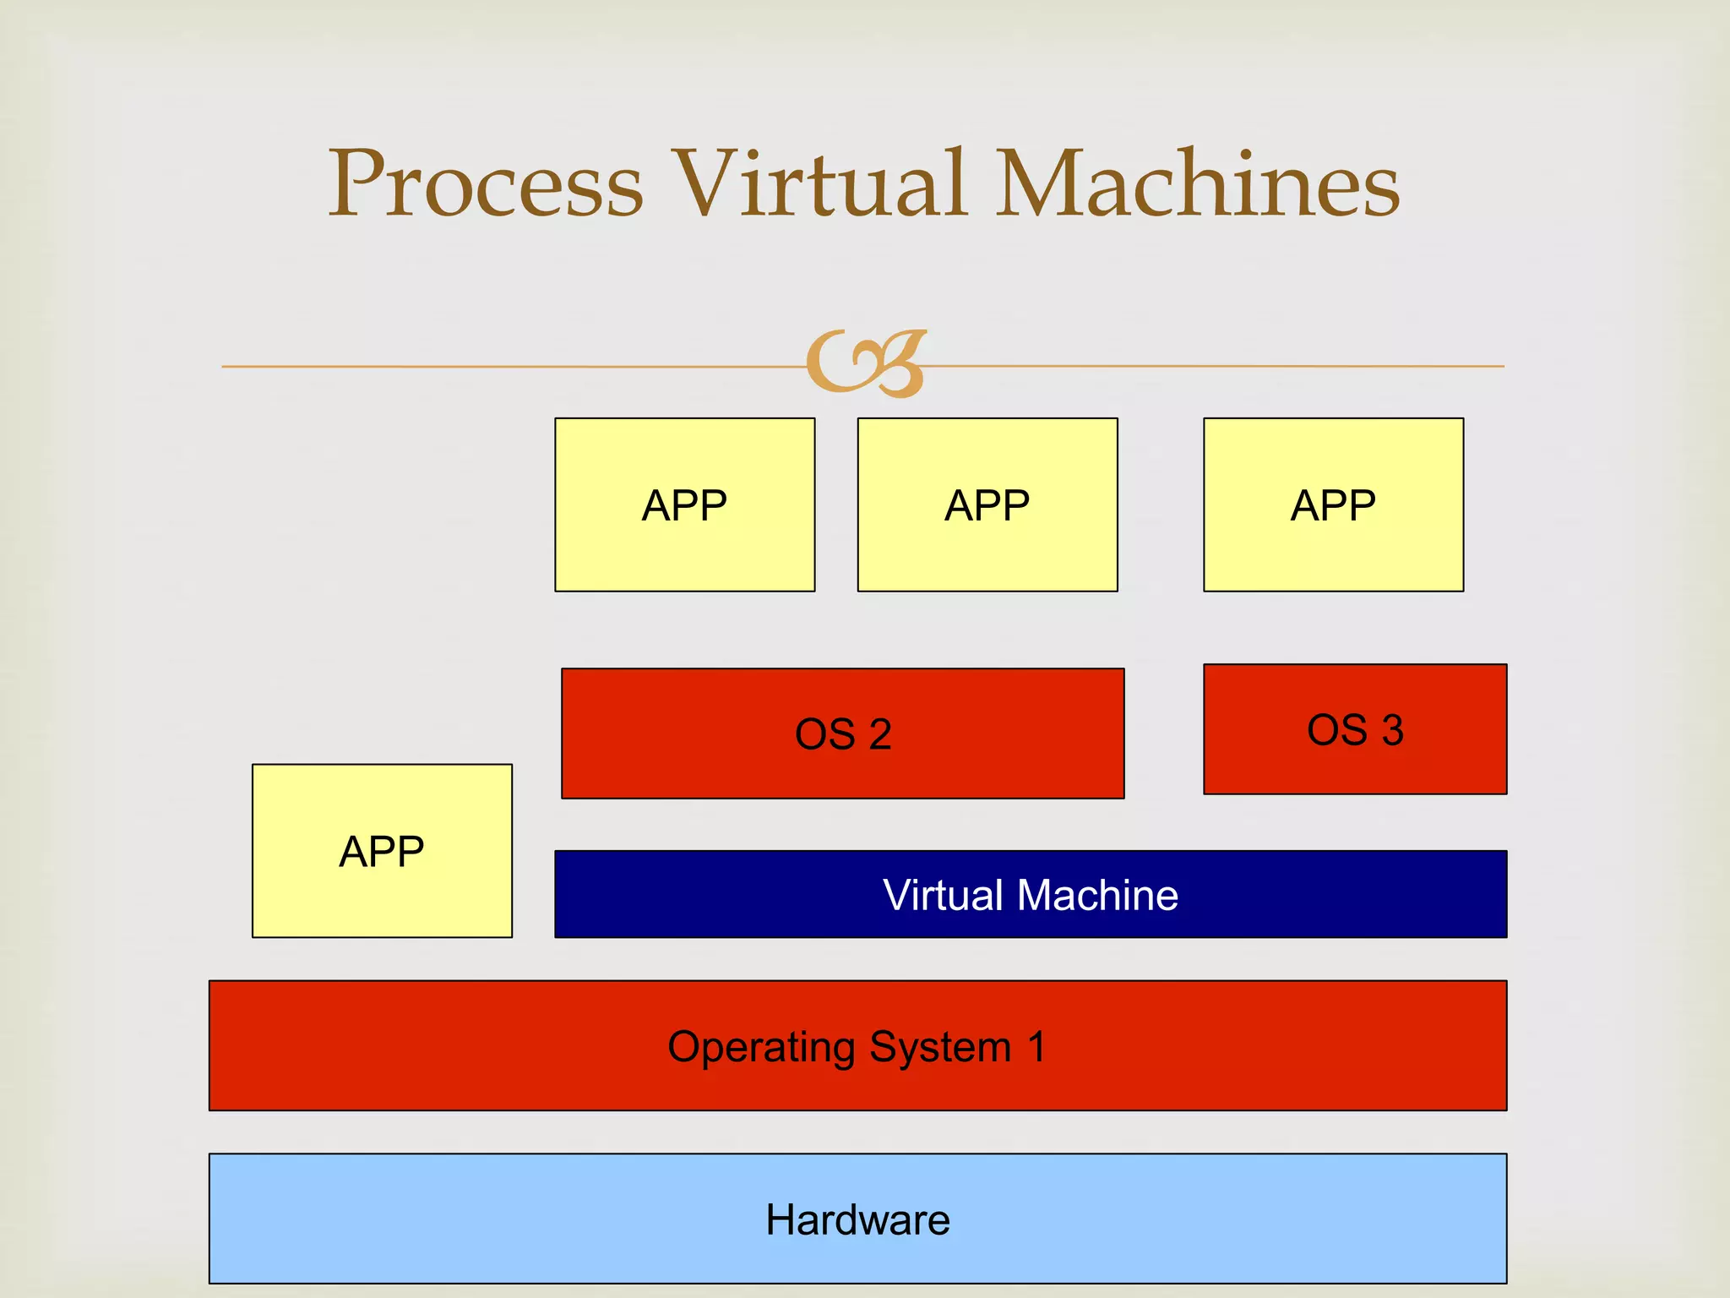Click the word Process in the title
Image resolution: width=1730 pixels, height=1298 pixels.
tap(485, 184)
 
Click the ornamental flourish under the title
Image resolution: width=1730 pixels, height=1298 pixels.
tap(867, 364)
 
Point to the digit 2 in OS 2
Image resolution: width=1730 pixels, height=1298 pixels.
tap(880, 734)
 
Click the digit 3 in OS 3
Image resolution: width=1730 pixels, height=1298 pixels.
tap(1392, 730)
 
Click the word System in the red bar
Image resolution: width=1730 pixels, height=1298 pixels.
tap(940, 1048)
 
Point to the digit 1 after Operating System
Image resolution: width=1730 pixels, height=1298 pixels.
tap(1036, 1047)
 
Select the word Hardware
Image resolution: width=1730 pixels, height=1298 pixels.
tap(857, 1220)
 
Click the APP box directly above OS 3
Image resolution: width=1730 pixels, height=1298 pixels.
tap(1333, 505)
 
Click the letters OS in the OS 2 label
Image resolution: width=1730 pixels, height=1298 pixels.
tap(825, 734)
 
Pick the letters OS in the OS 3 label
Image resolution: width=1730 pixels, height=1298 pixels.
tap(1336, 730)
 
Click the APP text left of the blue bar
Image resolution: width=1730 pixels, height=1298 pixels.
tap(382, 852)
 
